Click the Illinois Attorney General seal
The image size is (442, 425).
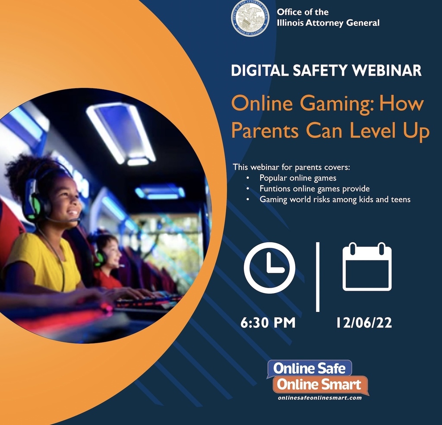(250, 18)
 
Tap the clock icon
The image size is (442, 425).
(269, 268)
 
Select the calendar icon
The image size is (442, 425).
(367, 266)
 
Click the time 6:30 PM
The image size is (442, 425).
(268, 323)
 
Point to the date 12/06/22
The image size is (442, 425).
(364, 323)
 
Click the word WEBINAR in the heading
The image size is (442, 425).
(387, 70)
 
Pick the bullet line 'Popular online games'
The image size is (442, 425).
(298, 178)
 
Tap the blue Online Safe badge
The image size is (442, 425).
(309, 368)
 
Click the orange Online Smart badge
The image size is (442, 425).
(320, 384)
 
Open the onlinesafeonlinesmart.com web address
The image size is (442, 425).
(320, 398)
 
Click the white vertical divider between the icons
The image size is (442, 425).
(318, 277)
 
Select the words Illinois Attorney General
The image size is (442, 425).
(328, 23)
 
